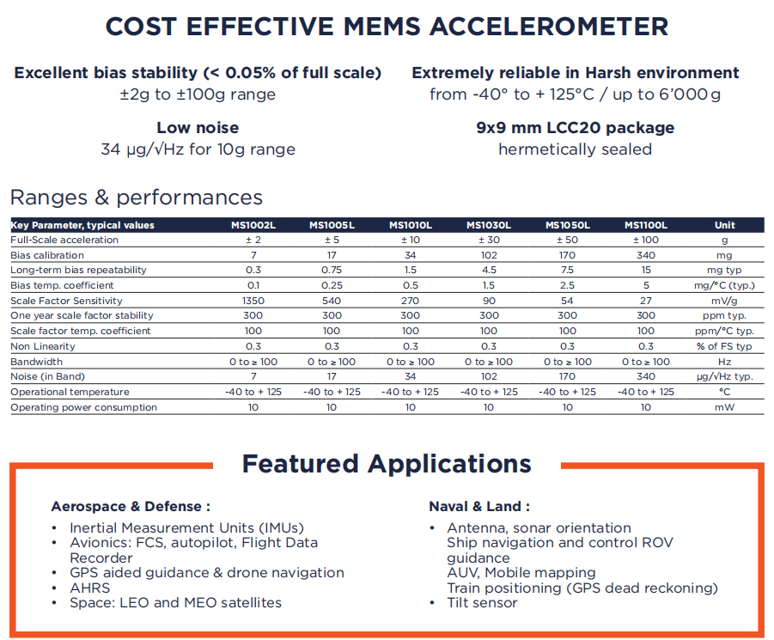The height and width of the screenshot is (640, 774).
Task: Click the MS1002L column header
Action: click(x=253, y=225)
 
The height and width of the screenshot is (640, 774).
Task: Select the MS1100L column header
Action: click(x=646, y=225)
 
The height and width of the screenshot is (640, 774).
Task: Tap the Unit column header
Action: click(x=725, y=225)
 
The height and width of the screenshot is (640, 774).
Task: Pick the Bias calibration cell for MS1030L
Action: click(x=489, y=255)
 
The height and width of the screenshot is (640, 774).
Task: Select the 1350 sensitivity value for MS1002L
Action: click(x=253, y=301)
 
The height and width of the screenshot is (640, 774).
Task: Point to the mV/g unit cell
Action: click(x=725, y=301)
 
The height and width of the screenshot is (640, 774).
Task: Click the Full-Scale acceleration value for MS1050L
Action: click(x=568, y=240)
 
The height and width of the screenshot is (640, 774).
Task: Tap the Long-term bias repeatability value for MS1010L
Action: click(x=411, y=270)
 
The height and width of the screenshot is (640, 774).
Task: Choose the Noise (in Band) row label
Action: click(x=47, y=376)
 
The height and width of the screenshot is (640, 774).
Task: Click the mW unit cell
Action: click(x=725, y=407)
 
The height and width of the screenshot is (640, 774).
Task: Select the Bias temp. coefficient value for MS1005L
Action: click(x=332, y=285)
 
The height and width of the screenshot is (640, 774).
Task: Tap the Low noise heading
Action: click(x=198, y=128)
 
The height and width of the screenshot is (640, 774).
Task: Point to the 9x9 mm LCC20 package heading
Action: click(x=575, y=128)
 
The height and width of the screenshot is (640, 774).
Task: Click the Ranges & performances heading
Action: click(x=136, y=197)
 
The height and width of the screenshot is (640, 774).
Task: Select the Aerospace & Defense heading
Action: click(x=131, y=506)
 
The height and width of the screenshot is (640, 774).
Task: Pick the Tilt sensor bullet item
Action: click(x=482, y=602)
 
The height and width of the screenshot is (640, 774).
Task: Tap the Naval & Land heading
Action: click(x=479, y=506)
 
